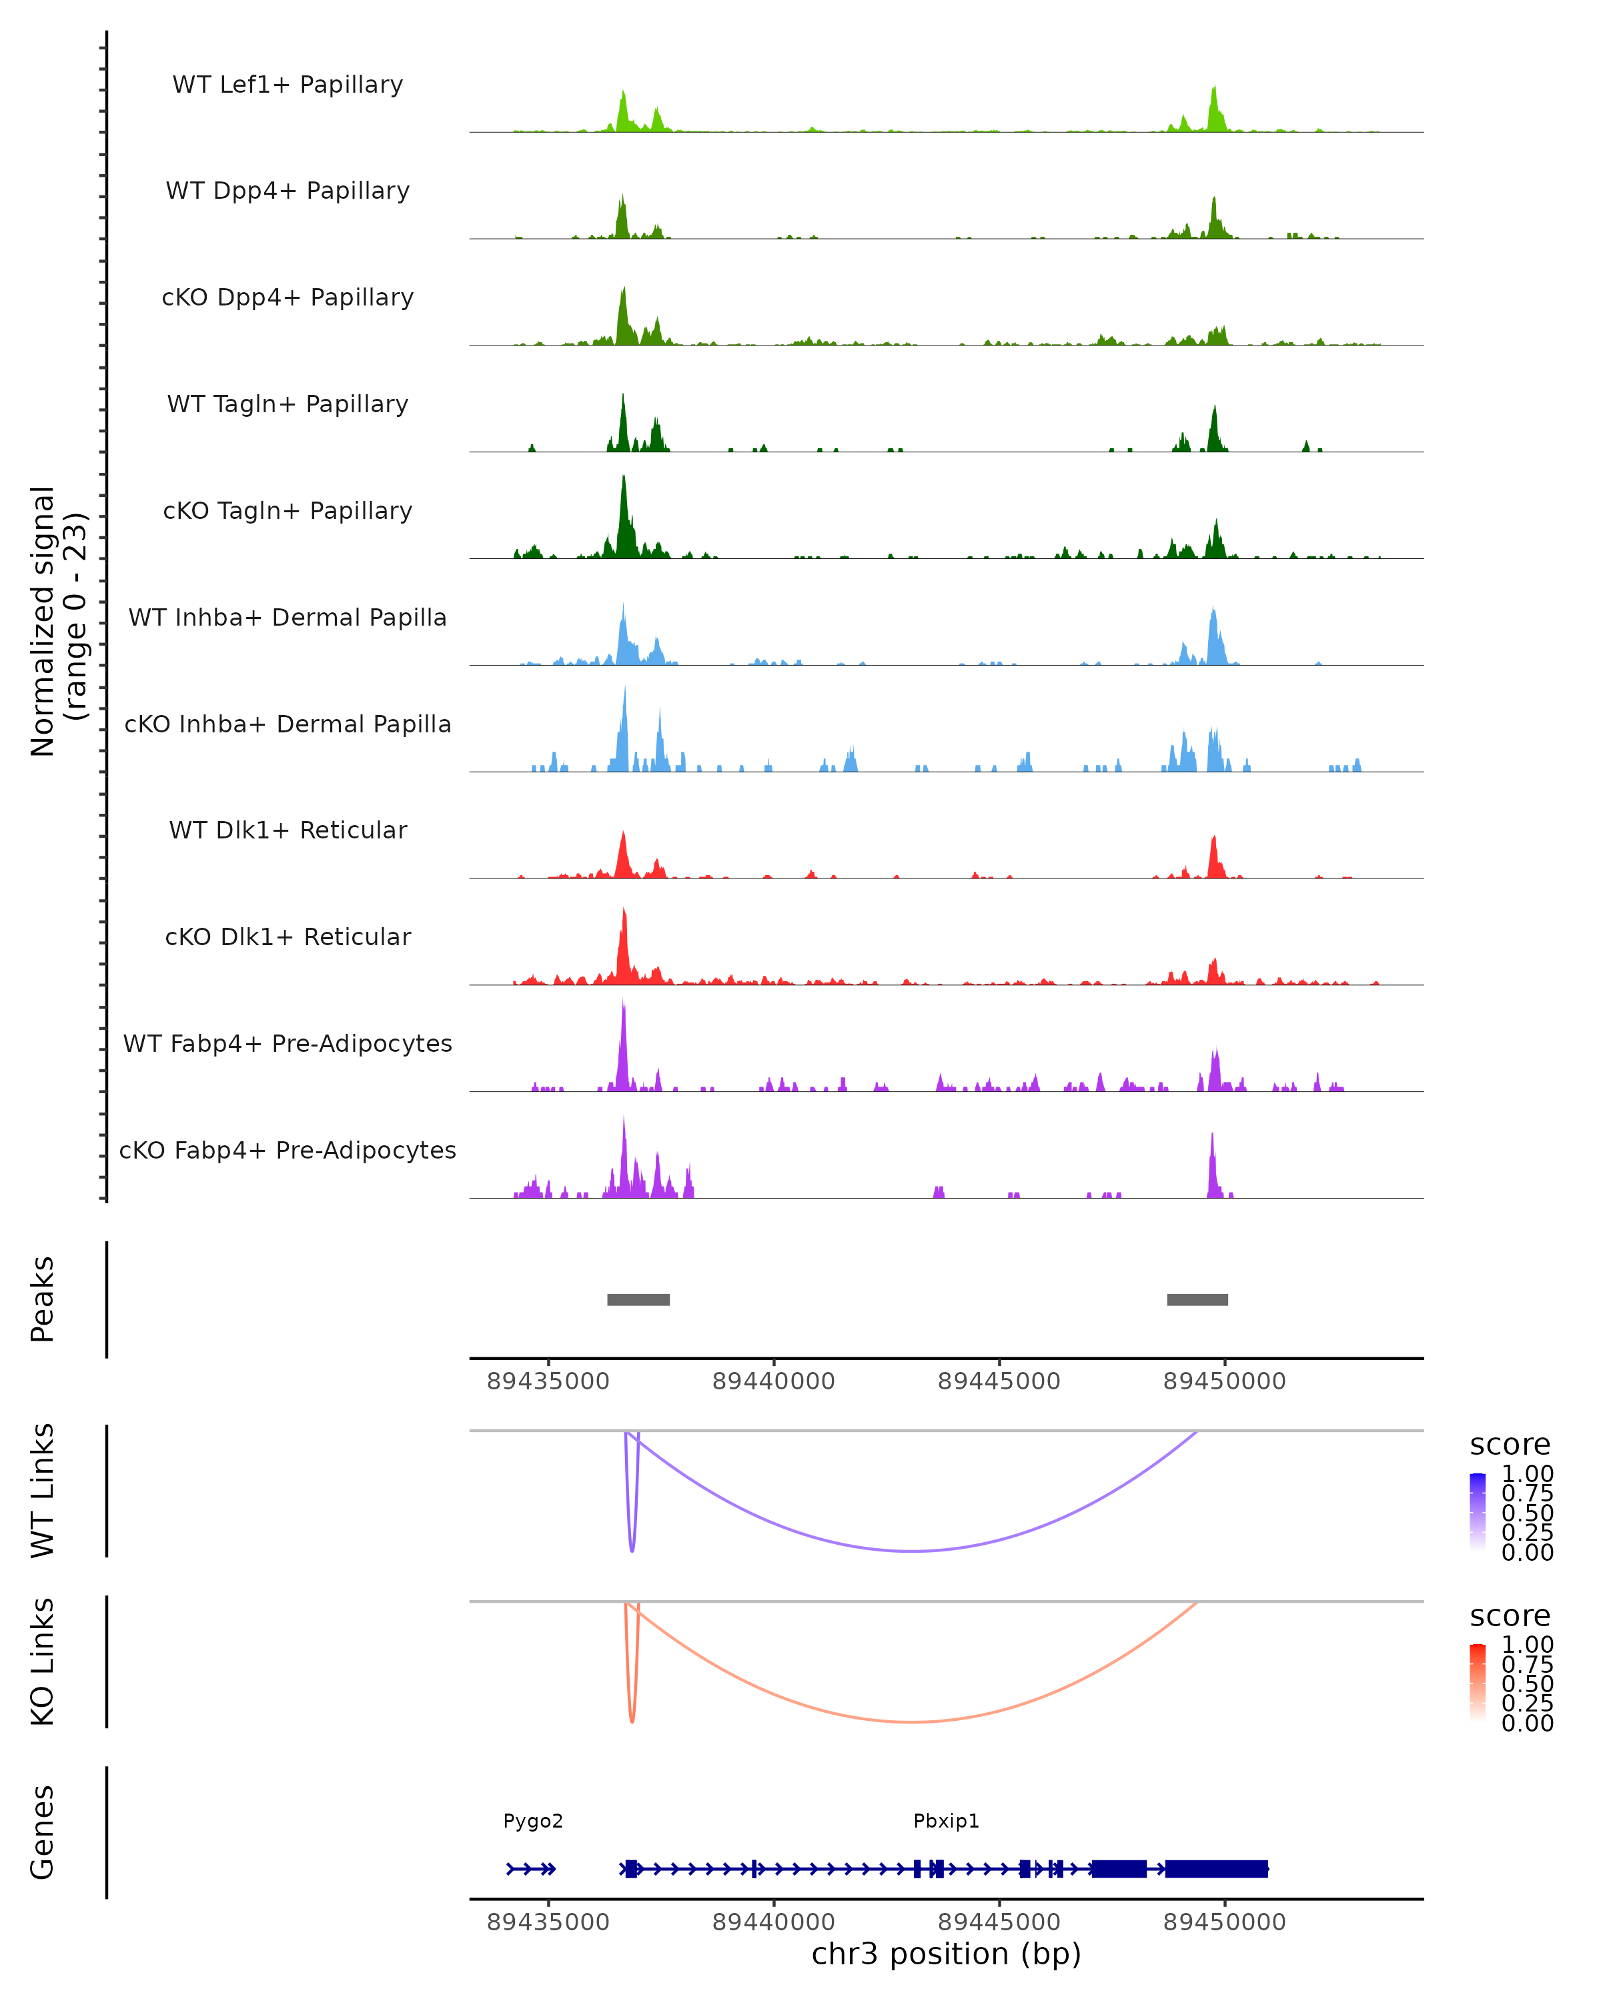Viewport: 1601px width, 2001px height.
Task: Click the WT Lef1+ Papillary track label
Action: [x=288, y=85]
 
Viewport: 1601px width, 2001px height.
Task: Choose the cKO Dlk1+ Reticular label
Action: [x=288, y=936]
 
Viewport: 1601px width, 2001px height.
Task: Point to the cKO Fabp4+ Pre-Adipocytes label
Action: [x=288, y=1150]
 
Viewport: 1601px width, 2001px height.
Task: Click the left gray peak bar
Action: [x=638, y=1299]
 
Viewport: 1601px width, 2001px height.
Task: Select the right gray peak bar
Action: [x=1197, y=1299]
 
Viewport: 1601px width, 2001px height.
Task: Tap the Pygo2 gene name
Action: [x=533, y=1821]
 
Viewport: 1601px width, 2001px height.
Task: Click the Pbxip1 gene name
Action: [x=946, y=1821]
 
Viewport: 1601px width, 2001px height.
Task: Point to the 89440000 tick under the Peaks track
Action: [x=773, y=1381]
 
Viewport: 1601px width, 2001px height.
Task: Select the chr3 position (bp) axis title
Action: [x=946, y=1954]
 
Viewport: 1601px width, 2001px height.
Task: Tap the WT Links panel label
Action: [x=43, y=1491]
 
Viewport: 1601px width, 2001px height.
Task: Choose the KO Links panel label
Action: [x=43, y=1661]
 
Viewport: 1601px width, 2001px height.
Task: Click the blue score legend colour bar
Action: [x=1478, y=1511]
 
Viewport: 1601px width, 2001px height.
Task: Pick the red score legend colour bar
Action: [x=1478, y=1682]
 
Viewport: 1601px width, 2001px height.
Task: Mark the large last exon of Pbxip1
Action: [x=1216, y=1869]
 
